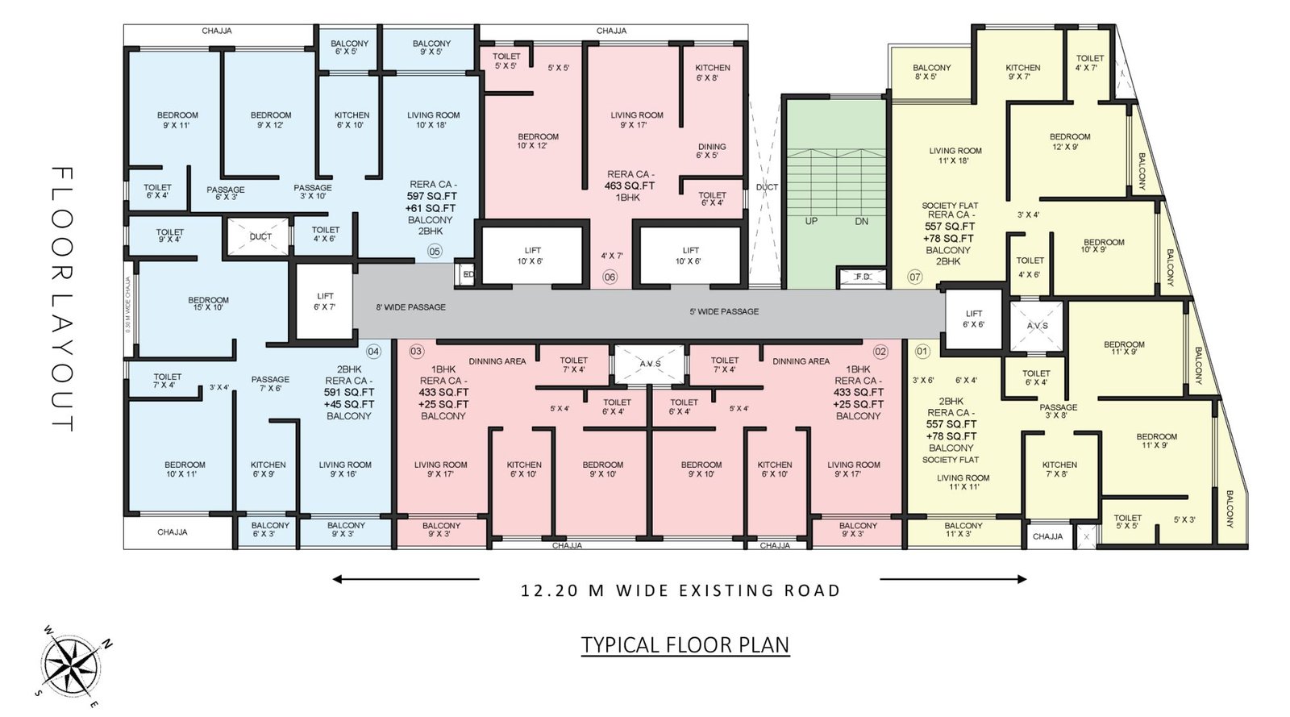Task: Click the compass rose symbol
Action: coord(72,666)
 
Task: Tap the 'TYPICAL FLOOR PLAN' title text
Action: coord(685,645)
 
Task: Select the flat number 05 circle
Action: coord(435,251)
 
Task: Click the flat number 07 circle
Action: coord(914,277)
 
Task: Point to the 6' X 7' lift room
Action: coord(325,301)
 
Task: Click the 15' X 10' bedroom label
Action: coord(208,303)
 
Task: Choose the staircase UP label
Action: coord(811,221)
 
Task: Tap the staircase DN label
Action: coord(861,221)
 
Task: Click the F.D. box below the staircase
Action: coord(862,277)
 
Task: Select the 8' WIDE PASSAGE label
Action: coord(410,307)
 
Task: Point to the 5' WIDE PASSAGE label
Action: coord(723,311)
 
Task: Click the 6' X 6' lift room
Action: coord(973,319)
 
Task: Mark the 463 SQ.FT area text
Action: coord(630,186)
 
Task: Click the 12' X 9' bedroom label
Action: coord(1069,141)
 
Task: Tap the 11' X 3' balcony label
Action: coord(963,530)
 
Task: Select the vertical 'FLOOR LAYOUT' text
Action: coord(62,298)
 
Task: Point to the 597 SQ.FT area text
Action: coord(433,196)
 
